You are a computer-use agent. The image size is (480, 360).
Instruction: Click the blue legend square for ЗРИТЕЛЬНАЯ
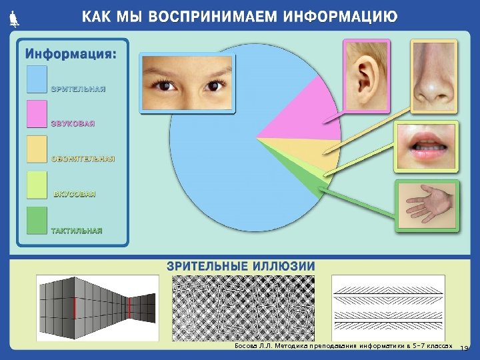click(37, 79)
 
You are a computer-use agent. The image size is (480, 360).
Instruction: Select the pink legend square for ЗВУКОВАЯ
click(37, 114)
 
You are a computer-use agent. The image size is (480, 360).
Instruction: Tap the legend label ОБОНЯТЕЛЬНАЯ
click(83, 159)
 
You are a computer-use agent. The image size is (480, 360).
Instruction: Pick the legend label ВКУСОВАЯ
click(75, 195)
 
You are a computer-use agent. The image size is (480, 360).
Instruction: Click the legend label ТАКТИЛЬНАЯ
click(77, 231)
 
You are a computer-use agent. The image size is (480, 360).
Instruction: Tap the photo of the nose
click(433, 75)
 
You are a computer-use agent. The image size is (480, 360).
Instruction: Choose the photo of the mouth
click(425, 146)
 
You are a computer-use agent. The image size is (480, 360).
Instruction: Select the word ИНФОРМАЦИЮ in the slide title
click(341, 16)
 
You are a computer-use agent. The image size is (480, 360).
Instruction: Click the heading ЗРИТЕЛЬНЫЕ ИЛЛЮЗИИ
click(241, 266)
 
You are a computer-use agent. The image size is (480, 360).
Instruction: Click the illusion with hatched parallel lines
click(388, 307)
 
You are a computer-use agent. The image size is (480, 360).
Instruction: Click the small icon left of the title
click(15, 19)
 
